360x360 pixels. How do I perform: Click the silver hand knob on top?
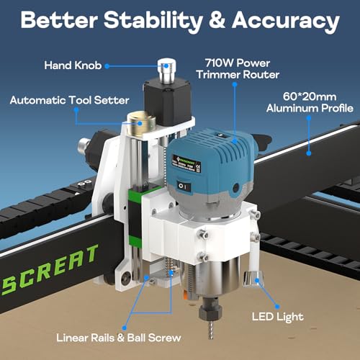[168, 71]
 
